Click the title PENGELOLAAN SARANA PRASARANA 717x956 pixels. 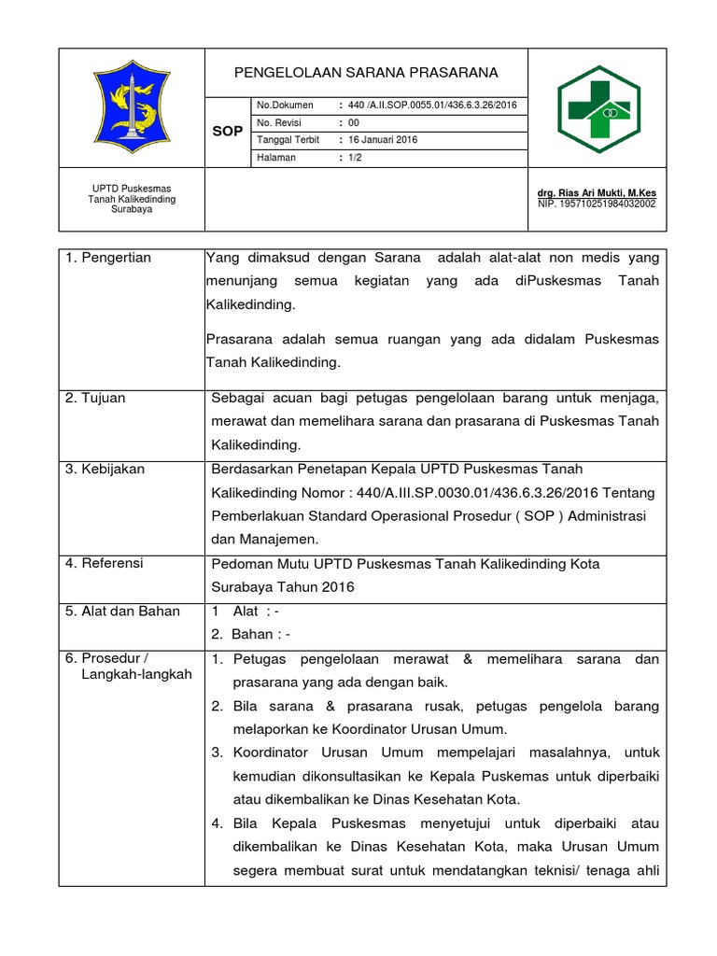point(366,73)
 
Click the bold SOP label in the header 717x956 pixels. point(227,132)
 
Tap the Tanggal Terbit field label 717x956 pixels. point(288,140)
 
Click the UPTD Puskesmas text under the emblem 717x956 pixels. point(131,189)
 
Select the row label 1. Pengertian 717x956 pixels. point(108,258)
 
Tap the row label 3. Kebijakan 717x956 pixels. point(105,469)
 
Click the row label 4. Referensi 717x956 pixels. point(105,563)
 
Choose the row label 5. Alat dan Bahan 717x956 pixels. point(122,612)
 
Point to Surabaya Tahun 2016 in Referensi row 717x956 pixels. point(283,587)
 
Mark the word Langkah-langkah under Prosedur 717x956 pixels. point(137,674)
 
